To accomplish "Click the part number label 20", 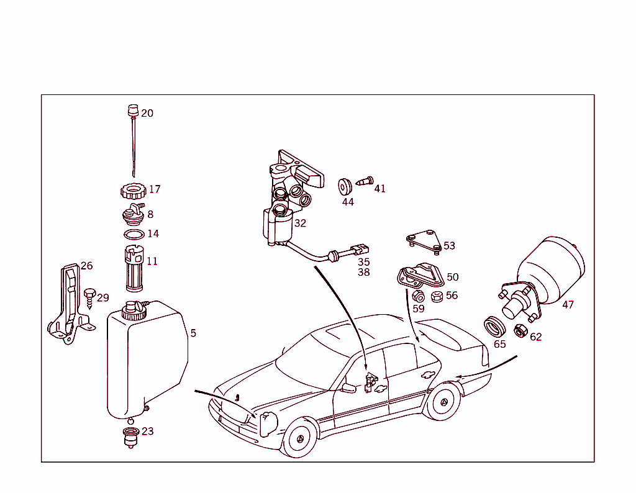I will click(147, 113).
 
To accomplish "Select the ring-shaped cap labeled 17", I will click(132, 189).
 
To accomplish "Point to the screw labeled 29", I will click(89, 296).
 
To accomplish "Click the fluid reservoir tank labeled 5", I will click(146, 360).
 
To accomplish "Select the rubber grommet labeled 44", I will click(345, 186).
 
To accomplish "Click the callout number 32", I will click(300, 223).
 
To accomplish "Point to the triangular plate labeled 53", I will click(423, 242).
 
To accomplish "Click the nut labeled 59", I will click(418, 296).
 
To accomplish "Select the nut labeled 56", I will click(436, 296).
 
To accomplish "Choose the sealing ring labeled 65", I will click(495, 325).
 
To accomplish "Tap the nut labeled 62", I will click(521, 330).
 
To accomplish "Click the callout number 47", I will click(568, 304).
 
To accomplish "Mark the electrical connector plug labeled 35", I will click(358, 251).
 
